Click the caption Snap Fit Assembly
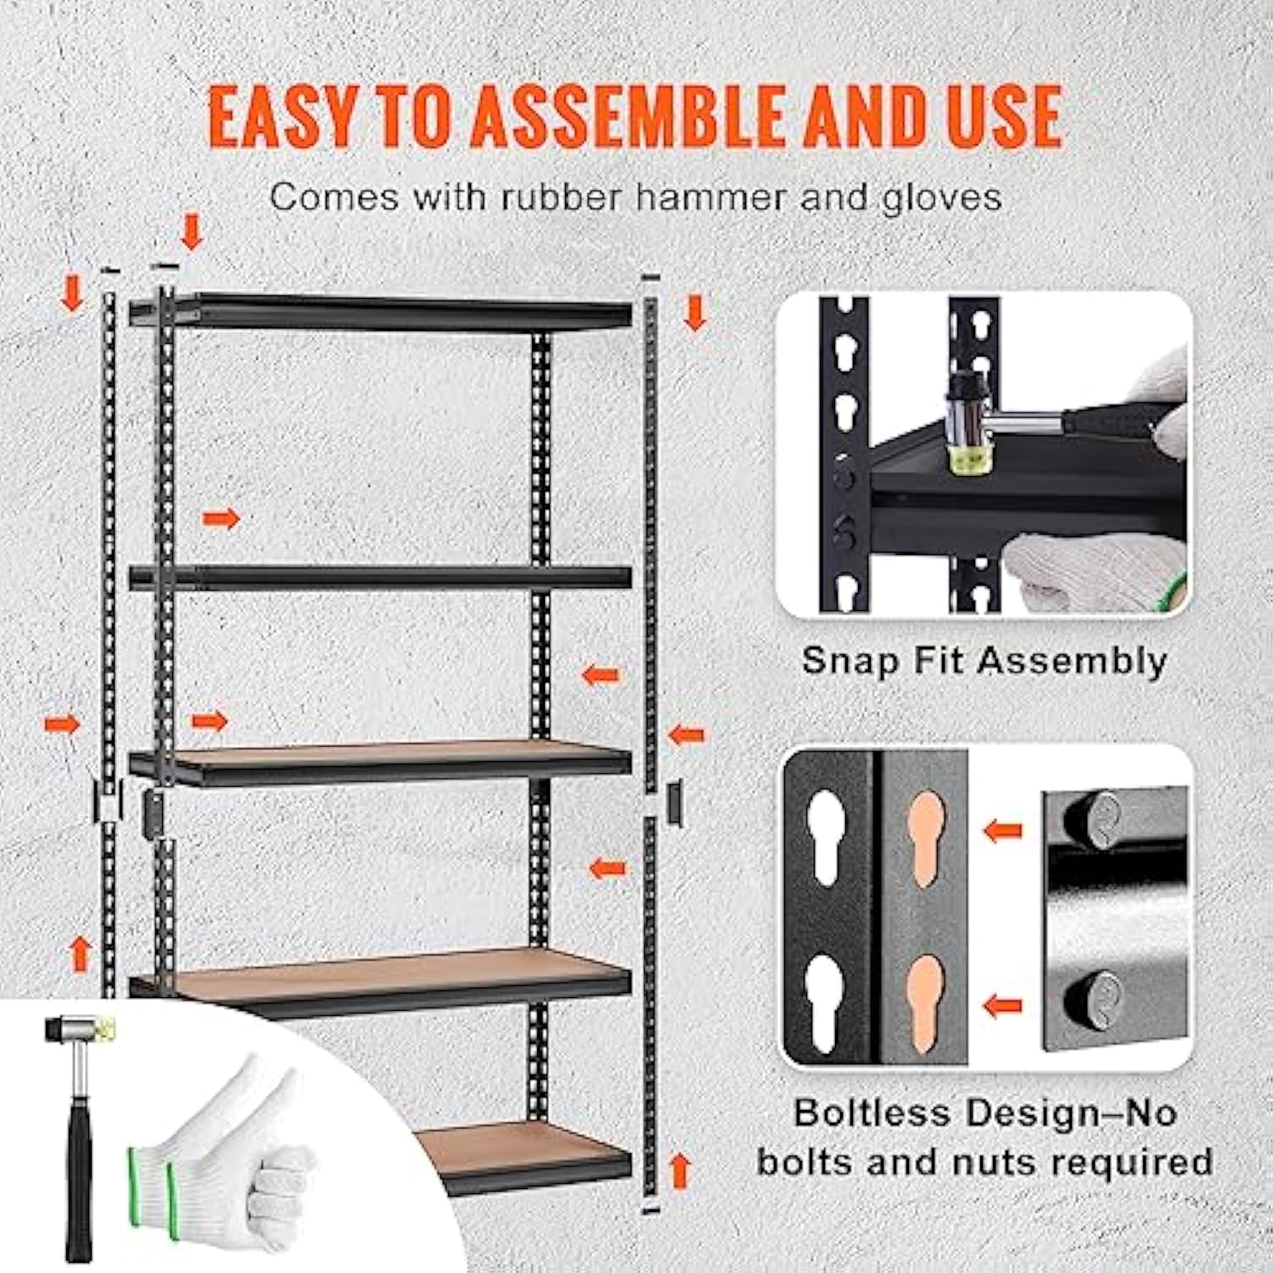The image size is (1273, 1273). tap(984, 660)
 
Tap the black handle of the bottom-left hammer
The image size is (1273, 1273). tap(79, 1180)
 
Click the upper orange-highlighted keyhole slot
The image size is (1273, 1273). tap(924, 835)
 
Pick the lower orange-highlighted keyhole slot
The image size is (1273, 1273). tap(924, 998)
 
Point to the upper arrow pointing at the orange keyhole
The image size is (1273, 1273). tap(1002, 831)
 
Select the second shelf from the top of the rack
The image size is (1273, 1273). tap(382, 578)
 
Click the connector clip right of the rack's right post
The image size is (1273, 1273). tap(675, 804)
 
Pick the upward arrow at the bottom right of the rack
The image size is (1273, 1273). tap(679, 1171)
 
